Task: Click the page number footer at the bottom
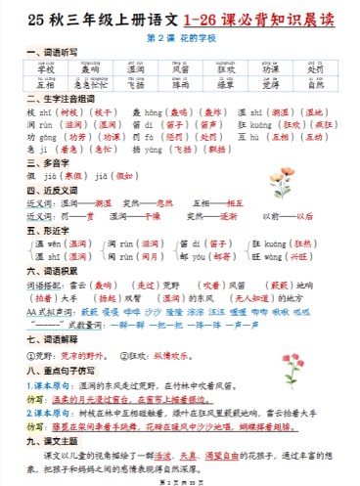[x=179, y=480]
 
